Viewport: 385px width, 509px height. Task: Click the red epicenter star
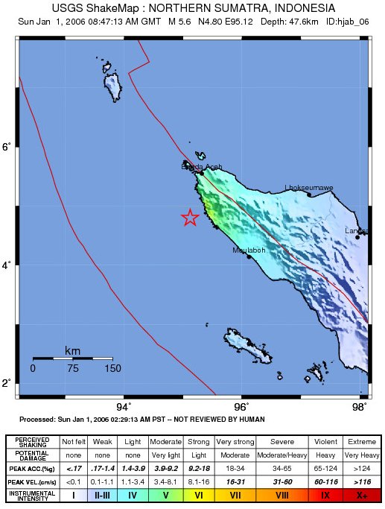(190, 218)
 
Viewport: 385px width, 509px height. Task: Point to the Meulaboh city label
(249, 250)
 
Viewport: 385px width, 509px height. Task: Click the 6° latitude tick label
(7, 147)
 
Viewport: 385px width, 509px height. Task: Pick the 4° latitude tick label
(7, 265)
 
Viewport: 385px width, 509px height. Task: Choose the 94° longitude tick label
(124, 406)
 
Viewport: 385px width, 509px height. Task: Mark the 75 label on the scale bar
(73, 368)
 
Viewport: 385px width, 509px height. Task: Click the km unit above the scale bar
(73, 350)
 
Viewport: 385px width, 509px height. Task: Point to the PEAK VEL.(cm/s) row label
(31, 481)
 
